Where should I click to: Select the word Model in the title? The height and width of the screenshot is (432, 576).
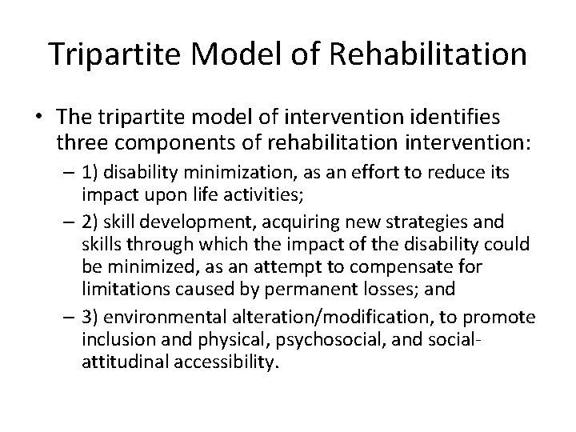point(239,54)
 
